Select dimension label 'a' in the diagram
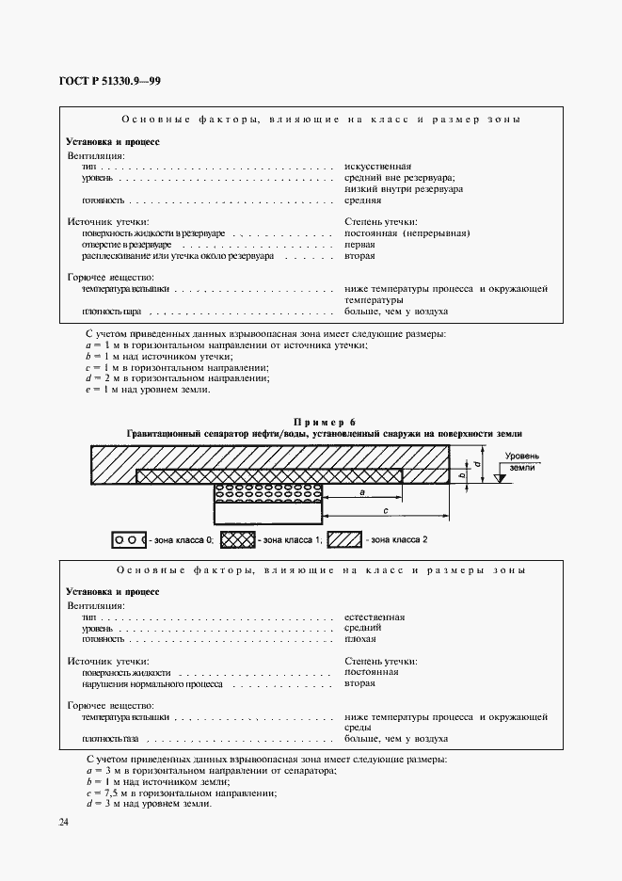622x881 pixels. [361, 492]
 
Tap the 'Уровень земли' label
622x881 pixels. [519, 461]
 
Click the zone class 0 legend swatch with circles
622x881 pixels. [129, 540]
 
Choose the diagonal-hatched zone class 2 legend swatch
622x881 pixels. [345, 540]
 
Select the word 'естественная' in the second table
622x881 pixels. [375, 617]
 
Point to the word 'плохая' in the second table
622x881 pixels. [362, 638]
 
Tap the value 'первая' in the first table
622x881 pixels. [360, 244]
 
